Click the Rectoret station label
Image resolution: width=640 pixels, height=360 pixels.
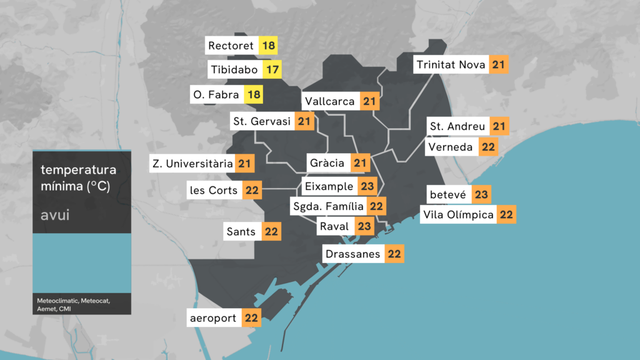point(231,46)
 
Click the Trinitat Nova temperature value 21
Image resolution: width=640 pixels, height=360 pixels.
point(498,64)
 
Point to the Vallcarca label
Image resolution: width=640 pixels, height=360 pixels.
point(330,101)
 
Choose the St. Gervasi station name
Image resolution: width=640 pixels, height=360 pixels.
point(262,121)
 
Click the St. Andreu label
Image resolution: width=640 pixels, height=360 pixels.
point(457,126)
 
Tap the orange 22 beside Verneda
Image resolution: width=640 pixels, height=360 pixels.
point(489,147)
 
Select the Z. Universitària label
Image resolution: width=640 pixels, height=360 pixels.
point(192,164)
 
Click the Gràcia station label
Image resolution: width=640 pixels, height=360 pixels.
point(327,163)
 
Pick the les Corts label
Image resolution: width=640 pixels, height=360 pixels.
point(214,190)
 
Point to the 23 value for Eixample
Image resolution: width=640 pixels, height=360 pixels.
point(367,186)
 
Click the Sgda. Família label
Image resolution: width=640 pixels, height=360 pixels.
point(327,206)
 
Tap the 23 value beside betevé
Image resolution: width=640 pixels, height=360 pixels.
point(481,194)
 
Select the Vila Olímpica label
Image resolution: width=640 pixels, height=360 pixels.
point(458,215)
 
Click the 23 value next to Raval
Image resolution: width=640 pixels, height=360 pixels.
point(364,226)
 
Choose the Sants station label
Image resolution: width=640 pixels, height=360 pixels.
point(241,232)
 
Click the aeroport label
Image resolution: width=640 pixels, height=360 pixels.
point(213,318)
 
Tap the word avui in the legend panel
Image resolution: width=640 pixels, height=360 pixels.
point(54,216)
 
